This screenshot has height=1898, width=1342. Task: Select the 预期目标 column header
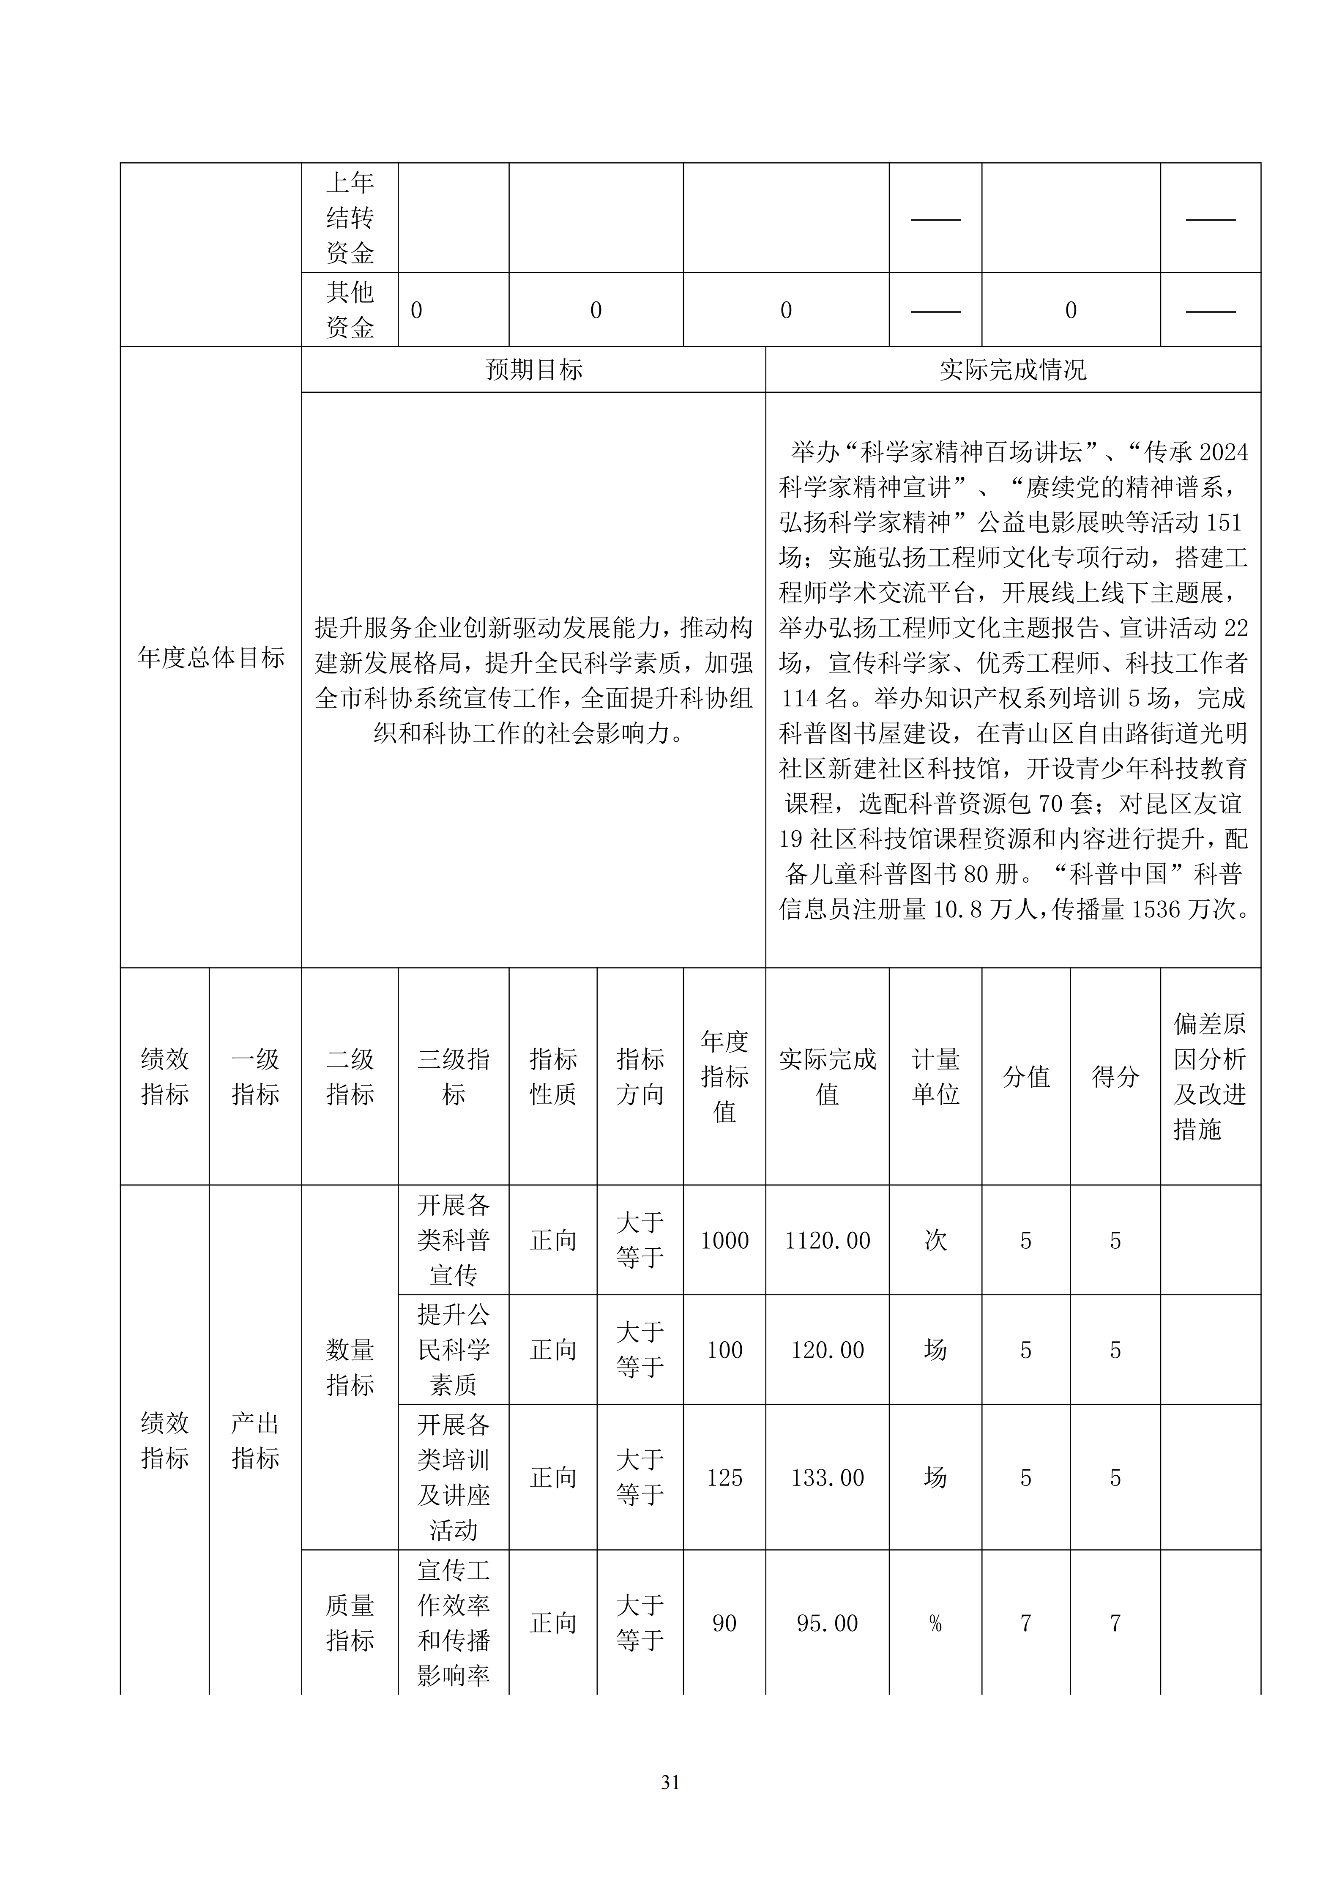[x=534, y=369]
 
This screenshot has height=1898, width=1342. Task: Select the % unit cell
[x=935, y=1624]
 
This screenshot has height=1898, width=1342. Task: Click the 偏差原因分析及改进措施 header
[x=1210, y=1076]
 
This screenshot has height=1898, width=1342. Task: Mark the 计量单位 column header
[x=935, y=1076]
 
